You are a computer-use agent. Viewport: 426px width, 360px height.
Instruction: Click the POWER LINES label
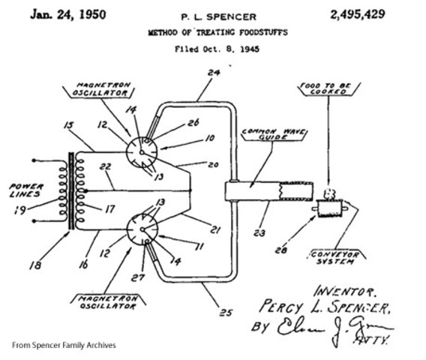coord(20,190)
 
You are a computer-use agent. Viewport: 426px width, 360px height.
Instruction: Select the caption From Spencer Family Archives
coord(64,345)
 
